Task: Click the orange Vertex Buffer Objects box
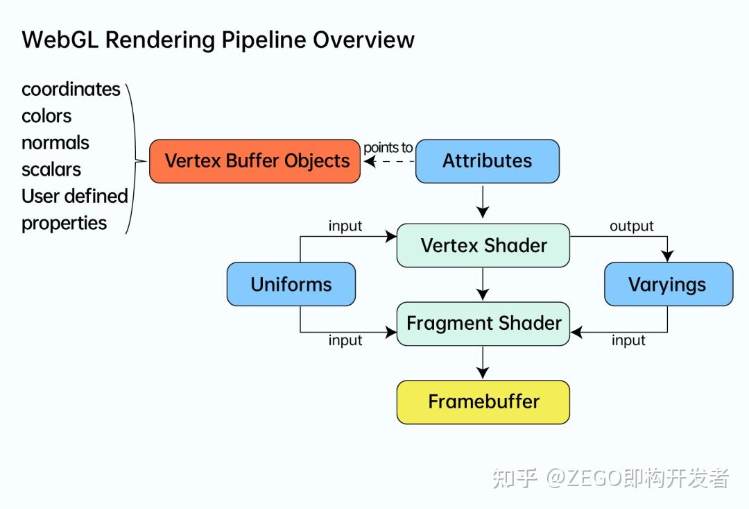[255, 161]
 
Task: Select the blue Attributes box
[487, 161]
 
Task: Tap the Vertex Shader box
[483, 246]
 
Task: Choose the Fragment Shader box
[483, 324]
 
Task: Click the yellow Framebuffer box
[483, 402]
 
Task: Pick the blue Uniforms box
[291, 285]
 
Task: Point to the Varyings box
[668, 285]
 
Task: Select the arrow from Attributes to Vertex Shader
[483, 203]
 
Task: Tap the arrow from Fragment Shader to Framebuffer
[483, 362]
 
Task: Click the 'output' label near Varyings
[631, 226]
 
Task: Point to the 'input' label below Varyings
[628, 340]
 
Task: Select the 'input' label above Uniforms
[345, 226]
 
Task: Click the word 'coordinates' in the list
[71, 90]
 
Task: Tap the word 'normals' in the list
[55, 143]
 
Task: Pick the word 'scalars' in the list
[51, 169]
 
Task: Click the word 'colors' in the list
[46, 116]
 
